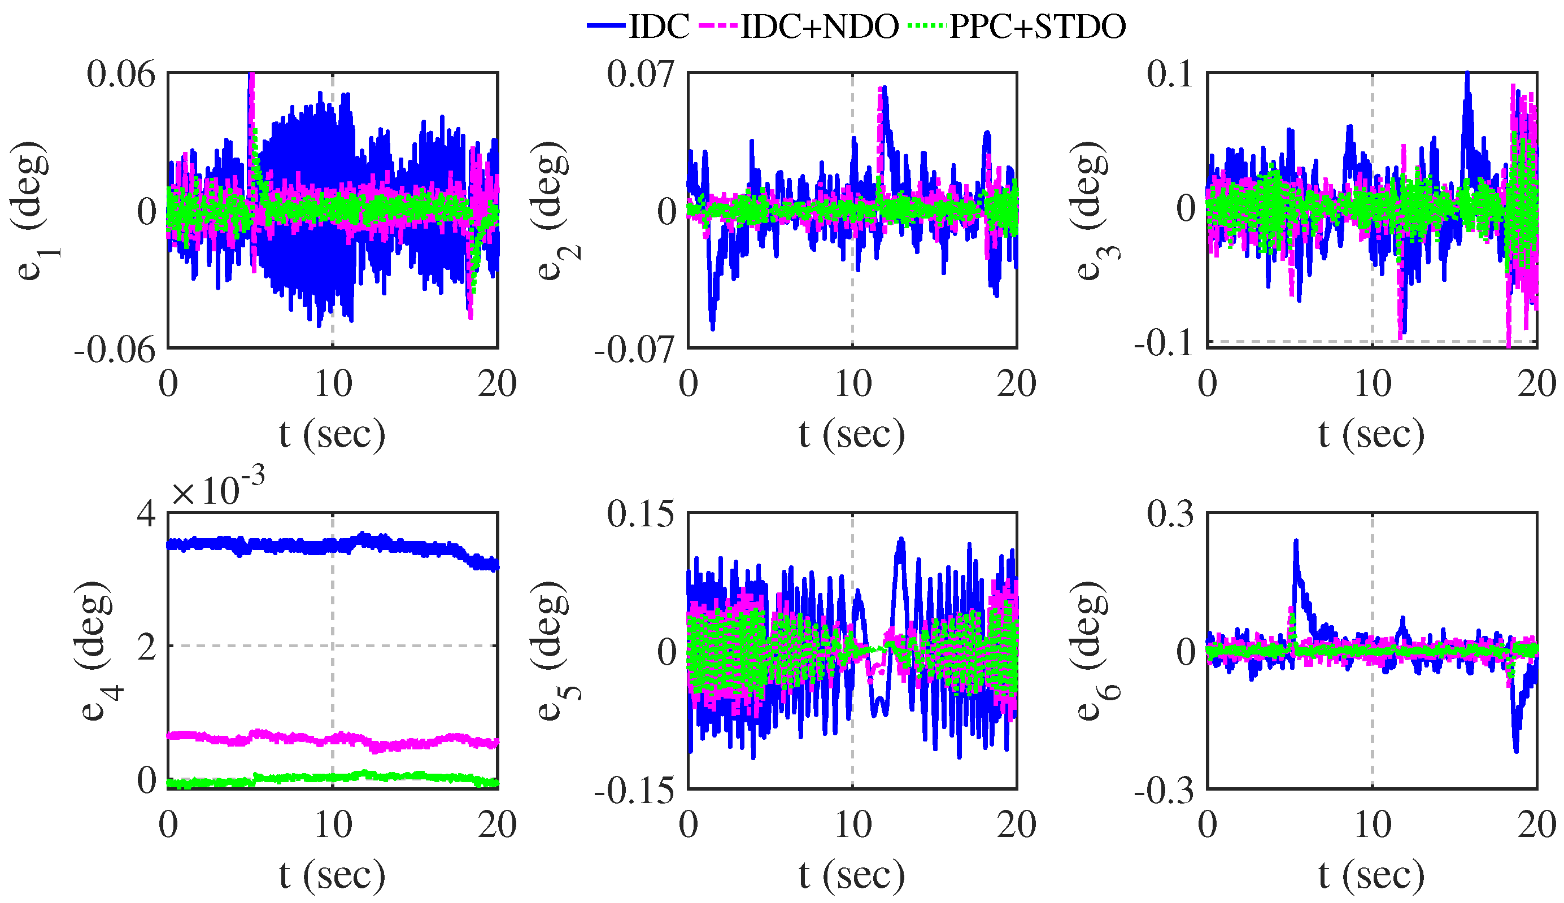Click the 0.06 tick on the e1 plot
(121, 75)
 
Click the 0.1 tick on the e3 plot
(1170, 75)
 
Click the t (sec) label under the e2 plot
(851, 434)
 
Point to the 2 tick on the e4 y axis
(147, 647)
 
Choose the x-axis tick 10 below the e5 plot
(853, 826)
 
